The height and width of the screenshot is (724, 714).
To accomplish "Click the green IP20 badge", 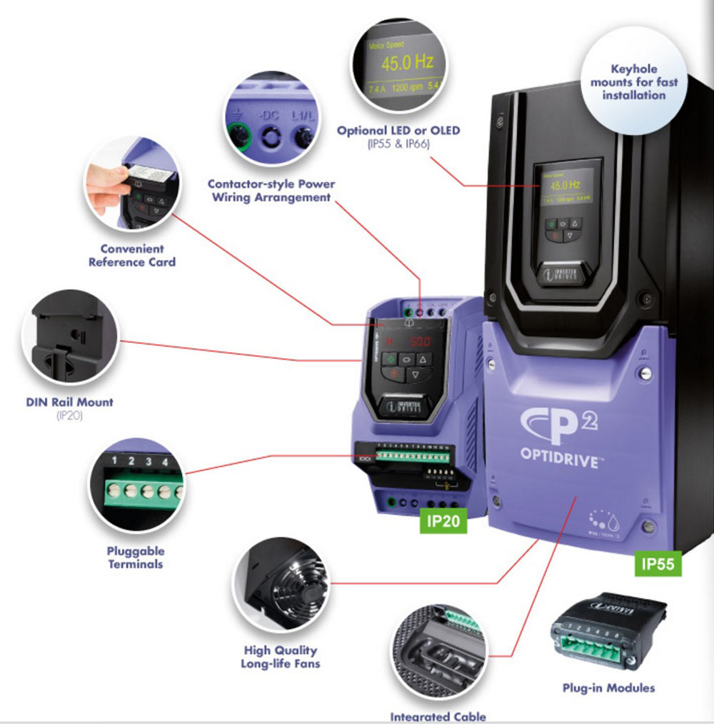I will (x=442, y=521).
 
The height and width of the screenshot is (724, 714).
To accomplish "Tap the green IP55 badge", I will (x=658, y=563).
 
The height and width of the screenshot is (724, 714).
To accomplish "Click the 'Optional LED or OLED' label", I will (x=398, y=131).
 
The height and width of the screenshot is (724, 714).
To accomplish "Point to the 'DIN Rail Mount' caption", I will (x=69, y=402).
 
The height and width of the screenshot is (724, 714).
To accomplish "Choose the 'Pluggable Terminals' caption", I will (x=136, y=558).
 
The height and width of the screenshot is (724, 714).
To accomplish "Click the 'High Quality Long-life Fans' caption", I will (x=280, y=657).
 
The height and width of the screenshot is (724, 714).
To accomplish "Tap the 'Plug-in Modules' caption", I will (x=608, y=688).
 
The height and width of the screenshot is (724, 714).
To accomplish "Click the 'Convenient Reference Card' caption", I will (x=131, y=256).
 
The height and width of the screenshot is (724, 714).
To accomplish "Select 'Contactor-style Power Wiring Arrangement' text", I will (x=271, y=190).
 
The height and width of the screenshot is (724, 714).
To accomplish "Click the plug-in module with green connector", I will (x=608, y=632).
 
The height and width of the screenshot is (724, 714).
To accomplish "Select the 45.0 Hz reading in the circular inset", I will (x=407, y=63).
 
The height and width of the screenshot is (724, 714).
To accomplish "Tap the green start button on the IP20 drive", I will (x=390, y=360).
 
